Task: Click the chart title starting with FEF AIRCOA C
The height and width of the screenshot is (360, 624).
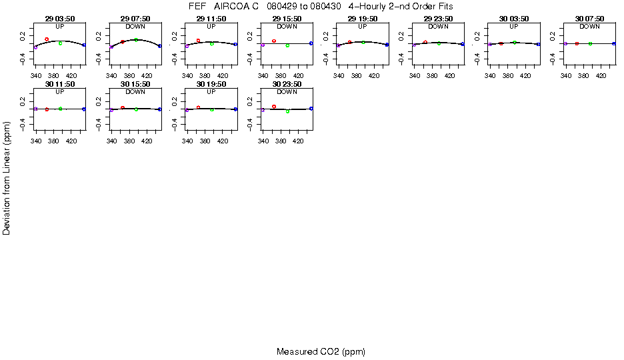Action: pyautogui.click(x=321, y=6)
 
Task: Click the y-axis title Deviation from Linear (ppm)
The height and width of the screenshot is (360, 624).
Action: pyautogui.click(x=7, y=177)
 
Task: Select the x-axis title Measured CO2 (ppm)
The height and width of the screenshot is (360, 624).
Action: pyautogui.click(x=321, y=351)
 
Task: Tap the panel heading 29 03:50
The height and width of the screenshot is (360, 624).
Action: pyautogui.click(x=60, y=19)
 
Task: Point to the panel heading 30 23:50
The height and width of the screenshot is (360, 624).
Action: pyautogui.click(x=287, y=85)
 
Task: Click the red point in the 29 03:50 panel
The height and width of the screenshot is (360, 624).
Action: pyautogui.click(x=47, y=39)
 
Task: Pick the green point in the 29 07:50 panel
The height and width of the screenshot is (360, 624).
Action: pyautogui.click(x=136, y=40)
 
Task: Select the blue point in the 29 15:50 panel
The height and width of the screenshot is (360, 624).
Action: pyautogui.click(x=311, y=43)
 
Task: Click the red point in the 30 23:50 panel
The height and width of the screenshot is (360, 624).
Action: pyautogui.click(x=274, y=106)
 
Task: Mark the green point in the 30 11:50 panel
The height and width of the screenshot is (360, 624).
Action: pyautogui.click(x=60, y=109)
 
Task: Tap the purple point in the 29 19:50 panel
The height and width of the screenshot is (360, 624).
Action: pyautogui.click(x=339, y=45)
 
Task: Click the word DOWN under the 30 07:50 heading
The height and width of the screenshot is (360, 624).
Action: pyautogui.click(x=589, y=27)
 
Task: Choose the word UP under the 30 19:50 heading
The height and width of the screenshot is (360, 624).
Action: pyautogui.click(x=211, y=92)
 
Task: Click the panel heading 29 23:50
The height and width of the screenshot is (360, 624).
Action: pyautogui.click(x=438, y=19)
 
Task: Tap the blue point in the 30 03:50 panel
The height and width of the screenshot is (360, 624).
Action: pyautogui.click(x=538, y=44)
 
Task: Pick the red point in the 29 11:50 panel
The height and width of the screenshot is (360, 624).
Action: pyautogui.click(x=198, y=41)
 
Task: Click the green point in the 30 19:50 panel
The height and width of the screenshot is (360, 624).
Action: pyautogui.click(x=212, y=109)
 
